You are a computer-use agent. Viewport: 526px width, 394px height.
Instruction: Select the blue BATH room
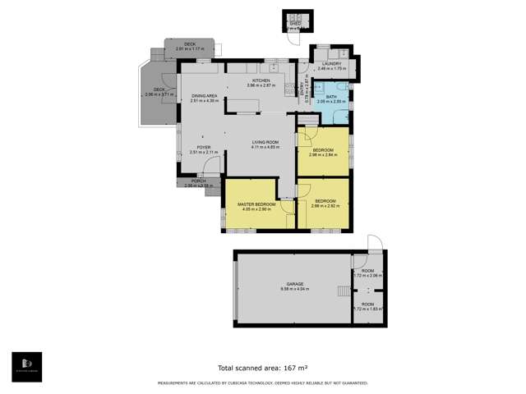click(x=331, y=98)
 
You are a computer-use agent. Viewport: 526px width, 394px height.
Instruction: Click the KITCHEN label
click(x=261, y=80)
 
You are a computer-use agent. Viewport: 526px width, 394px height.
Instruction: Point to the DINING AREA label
click(x=204, y=97)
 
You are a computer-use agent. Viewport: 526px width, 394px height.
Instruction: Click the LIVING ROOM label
click(x=265, y=143)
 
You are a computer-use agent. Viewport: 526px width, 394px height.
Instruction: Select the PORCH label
click(x=198, y=181)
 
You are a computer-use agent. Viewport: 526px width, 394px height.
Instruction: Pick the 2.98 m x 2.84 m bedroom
click(x=322, y=150)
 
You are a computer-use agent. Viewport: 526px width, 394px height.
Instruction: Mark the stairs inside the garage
click(x=343, y=291)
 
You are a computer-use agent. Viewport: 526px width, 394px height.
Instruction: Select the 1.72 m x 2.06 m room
click(x=367, y=272)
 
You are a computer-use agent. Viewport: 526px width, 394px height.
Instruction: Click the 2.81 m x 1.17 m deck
click(x=190, y=44)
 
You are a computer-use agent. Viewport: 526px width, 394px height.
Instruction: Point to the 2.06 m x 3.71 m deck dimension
click(x=159, y=94)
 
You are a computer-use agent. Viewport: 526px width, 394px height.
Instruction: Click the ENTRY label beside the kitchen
click(x=303, y=86)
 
